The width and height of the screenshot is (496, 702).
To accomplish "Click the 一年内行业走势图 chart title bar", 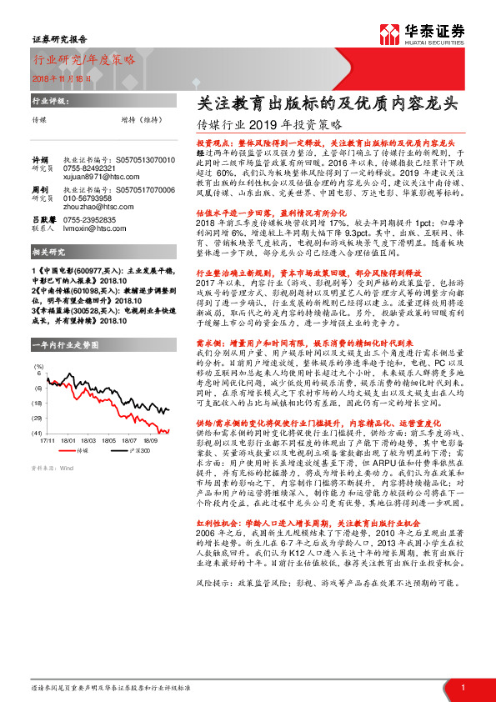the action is point(64,344).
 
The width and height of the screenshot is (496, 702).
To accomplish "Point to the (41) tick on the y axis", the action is point(38,434).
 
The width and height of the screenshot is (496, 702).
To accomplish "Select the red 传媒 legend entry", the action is point(77,449).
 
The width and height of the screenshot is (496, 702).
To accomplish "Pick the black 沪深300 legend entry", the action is point(135,449).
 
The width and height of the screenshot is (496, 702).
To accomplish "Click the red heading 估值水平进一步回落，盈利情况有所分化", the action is point(255,214).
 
